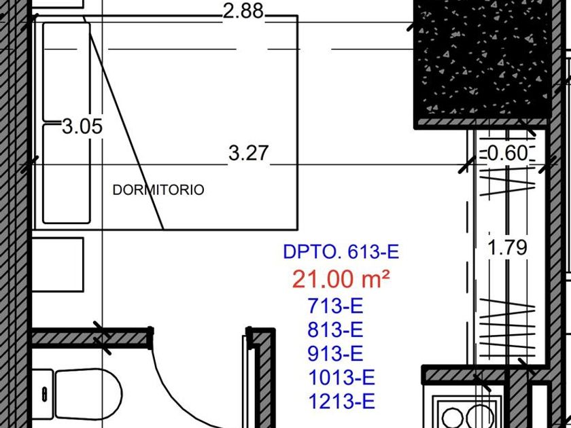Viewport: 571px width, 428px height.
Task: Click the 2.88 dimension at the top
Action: pos(243,11)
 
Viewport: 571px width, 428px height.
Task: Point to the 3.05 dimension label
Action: pos(82,126)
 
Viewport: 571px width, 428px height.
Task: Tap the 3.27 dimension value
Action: pos(249,154)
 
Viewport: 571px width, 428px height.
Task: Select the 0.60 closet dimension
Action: pos(507,154)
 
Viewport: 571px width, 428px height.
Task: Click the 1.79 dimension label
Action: pos(507,247)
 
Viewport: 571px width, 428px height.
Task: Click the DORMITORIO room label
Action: pos(158,190)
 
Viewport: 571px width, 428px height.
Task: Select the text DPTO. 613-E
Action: pos(341,252)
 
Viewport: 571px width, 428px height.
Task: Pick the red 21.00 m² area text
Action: pos(341,279)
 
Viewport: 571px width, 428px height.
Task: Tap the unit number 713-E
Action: pos(336,306)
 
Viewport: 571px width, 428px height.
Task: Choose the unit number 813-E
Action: pos(336,330)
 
